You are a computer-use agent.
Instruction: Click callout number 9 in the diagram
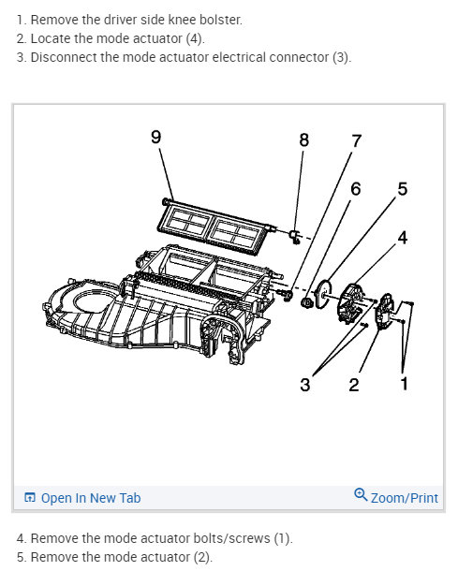(155, 138)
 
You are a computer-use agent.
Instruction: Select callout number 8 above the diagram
(303, 139)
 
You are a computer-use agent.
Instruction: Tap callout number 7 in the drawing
(356, 142)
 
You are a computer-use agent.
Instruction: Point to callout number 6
(355, 188)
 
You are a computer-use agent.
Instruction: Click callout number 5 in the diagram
(402, 189)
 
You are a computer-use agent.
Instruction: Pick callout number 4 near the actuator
(402, 238)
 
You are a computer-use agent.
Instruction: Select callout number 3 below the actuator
(304, 385)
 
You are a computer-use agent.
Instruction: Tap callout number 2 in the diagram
(354, 385)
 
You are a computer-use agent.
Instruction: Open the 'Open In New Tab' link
(90, 498)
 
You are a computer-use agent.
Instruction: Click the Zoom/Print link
(404, 498)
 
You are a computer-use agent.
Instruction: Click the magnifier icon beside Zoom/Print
(361, 496)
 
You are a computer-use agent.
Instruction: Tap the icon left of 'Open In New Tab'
(29, 498)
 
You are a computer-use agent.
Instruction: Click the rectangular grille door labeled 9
(214, 226)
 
